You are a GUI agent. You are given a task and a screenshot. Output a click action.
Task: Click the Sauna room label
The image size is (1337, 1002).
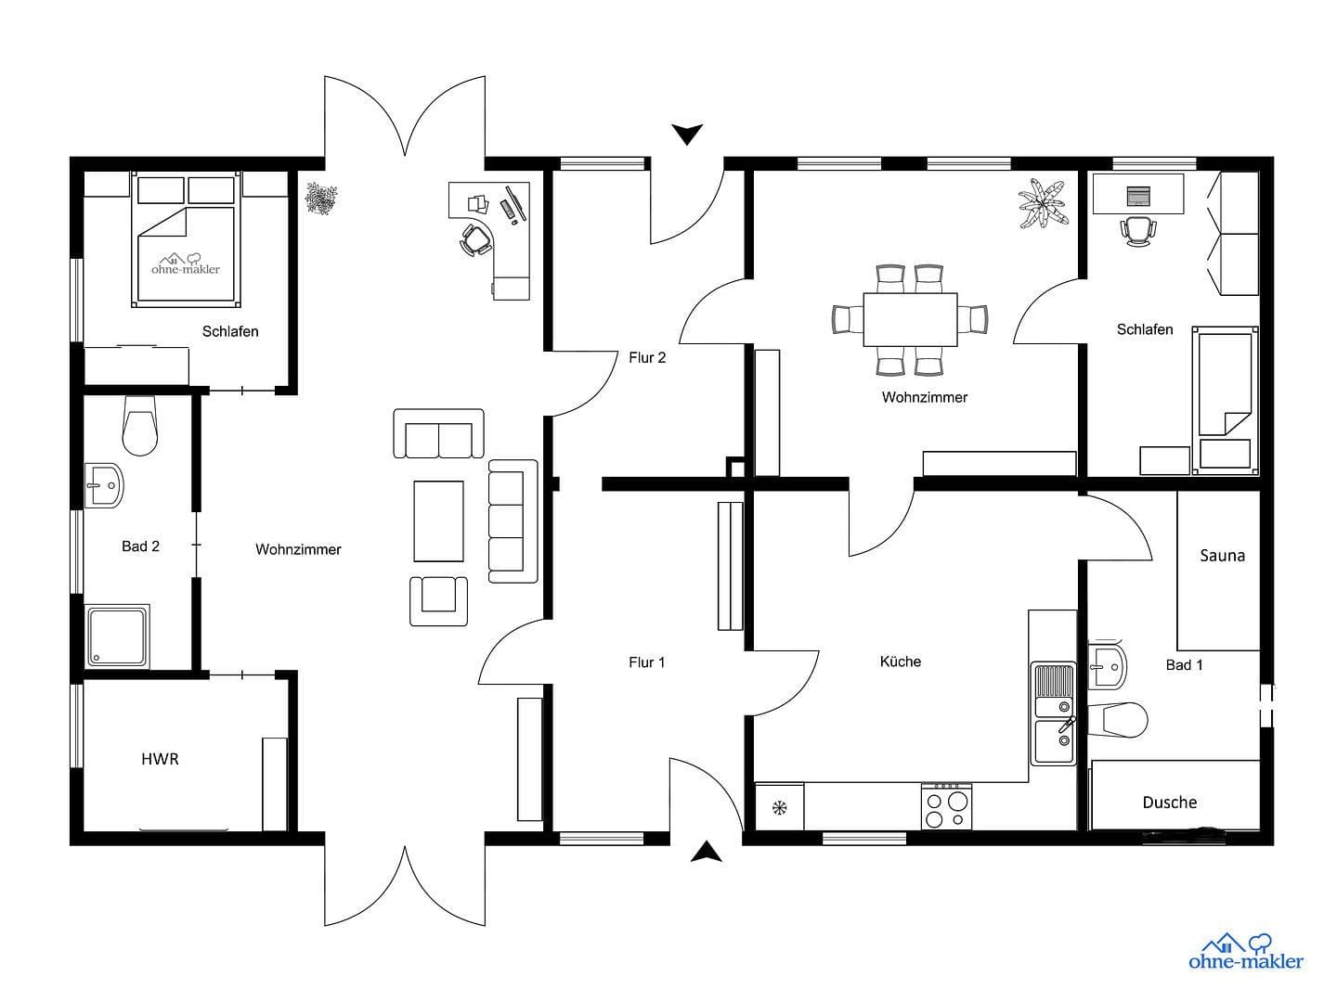point(1222,556)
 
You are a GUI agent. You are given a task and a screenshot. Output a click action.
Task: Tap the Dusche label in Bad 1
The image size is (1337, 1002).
point(1169,803)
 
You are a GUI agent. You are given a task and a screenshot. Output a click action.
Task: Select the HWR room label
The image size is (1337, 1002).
point(160,759)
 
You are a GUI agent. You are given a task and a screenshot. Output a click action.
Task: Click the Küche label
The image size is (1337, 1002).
point(900,662)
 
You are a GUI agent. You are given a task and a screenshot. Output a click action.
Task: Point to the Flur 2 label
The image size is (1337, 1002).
point(647,357)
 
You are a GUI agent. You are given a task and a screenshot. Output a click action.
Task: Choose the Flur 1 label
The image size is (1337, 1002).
point(646,662)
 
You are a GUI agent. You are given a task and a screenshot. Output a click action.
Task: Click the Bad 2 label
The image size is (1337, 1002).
point(140,546)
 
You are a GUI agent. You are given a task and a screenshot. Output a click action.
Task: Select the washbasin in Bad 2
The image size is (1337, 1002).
point(104,485)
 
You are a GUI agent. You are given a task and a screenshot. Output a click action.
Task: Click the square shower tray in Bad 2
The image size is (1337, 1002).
point(117,636)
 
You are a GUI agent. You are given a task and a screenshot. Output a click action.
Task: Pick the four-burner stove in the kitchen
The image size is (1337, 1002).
point(946,806)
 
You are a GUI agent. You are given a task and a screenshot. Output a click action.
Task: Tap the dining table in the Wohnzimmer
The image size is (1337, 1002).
point(910,319)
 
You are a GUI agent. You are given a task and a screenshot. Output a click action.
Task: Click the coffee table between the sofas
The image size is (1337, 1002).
point(438,520)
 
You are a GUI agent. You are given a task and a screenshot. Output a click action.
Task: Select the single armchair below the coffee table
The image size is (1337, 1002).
point(438,599)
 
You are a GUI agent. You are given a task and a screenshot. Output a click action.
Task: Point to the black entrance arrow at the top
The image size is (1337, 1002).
point(687,135)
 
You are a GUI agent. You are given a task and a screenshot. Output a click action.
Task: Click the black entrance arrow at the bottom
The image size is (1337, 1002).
point(707,852)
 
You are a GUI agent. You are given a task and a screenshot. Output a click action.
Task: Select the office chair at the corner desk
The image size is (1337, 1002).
point(475,240)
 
